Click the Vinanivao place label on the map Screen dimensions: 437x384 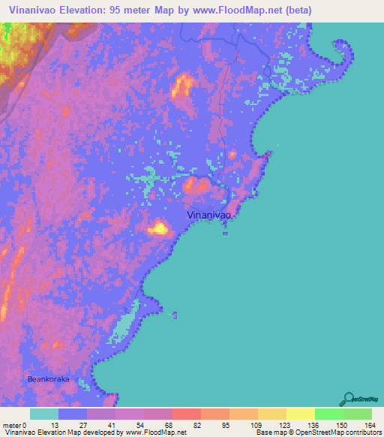coord(208,215)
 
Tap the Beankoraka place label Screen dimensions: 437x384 coord(48,379)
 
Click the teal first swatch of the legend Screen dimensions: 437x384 coord(44,414)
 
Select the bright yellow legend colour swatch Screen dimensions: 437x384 coord(301,414)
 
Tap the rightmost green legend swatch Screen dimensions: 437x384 coord(358,414)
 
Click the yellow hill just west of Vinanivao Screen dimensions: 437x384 coord(159,228)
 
